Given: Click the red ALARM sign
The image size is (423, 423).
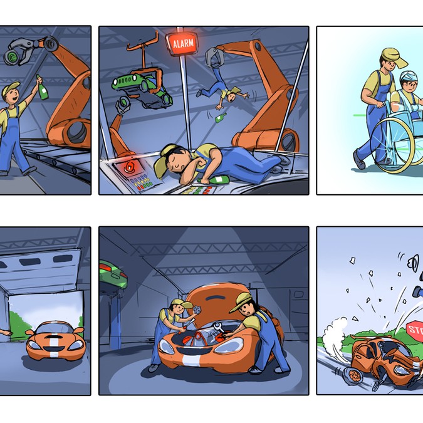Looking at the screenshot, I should pos(184,44).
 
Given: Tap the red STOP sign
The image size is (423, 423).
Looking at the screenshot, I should pos(415,329).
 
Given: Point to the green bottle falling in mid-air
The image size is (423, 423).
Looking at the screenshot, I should pos(220,117).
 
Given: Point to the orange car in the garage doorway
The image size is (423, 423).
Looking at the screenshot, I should pos(55,339).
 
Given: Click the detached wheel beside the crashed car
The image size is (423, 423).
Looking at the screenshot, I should pos(352,374).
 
